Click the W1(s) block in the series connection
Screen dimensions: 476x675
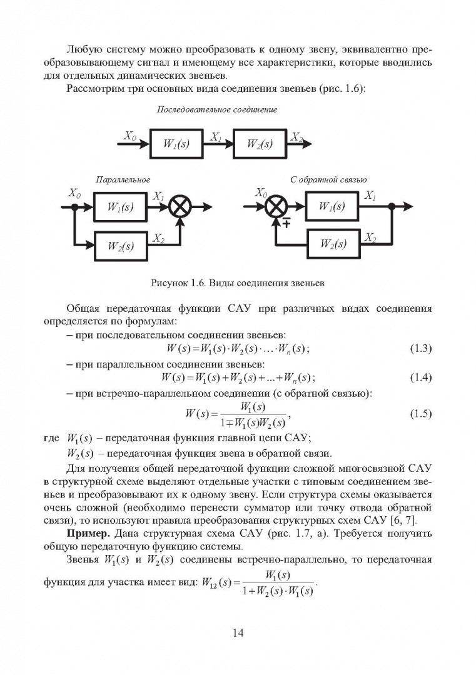176,143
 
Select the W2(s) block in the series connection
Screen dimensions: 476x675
260,143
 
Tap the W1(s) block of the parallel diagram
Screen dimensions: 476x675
120,207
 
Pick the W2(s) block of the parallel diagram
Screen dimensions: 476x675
121,246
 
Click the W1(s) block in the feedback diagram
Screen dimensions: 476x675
332,206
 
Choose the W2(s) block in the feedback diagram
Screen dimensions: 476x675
333,244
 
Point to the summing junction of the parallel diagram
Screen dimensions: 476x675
181,207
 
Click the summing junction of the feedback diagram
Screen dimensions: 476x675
276,207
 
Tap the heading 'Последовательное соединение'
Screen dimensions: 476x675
216,109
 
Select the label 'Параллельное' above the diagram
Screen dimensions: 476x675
123,179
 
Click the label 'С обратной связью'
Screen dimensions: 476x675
328,179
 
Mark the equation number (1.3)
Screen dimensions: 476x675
420,348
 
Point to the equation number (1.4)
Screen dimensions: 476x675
420,377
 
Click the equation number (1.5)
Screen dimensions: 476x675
420,414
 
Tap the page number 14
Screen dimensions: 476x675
238,632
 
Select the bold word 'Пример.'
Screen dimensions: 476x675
88,534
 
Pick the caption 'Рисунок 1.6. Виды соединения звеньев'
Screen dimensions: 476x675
237,283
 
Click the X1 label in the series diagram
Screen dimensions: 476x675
216,137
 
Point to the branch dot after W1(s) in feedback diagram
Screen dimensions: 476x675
392,207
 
